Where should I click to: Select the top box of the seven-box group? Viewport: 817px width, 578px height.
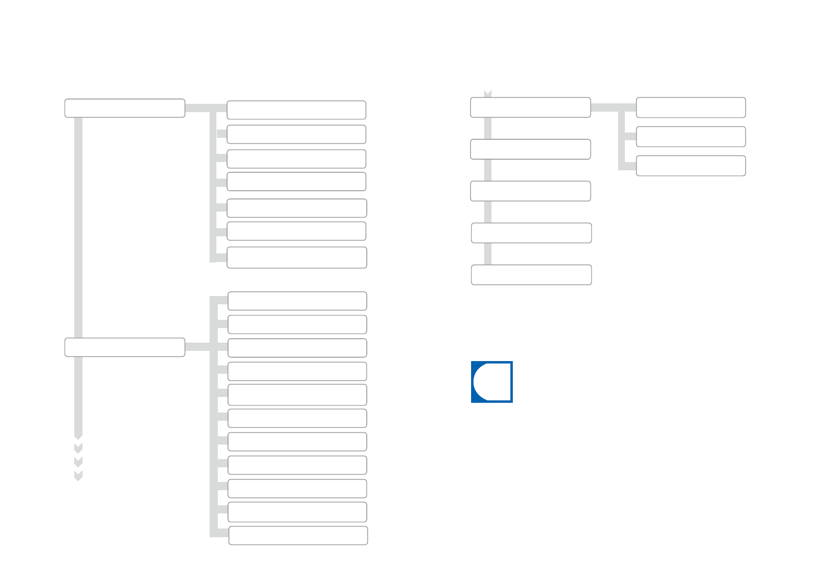[296, 110]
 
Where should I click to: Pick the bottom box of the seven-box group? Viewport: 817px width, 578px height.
[296, 258]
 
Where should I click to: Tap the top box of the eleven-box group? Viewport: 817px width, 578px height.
[297, 301]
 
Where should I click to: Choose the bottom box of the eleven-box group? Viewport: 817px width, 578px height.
[298, 536]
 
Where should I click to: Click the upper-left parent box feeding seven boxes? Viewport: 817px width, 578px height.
[125, 108]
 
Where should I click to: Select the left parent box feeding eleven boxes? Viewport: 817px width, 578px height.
[125, 347]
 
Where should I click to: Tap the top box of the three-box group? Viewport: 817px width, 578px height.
[690, 108]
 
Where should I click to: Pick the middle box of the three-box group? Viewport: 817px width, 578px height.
[690, 137]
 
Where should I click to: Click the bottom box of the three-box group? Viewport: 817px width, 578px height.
[690, 166]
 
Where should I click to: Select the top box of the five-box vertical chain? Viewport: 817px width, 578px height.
[530, 107]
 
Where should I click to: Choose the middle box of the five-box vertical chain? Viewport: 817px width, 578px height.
[530, 191]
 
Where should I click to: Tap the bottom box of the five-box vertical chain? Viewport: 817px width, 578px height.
[531, 275]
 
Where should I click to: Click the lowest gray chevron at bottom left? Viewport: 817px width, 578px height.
[78, 476]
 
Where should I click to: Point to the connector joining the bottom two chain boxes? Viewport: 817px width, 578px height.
[488, 254]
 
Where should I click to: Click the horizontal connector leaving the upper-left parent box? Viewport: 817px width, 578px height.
[198, 108]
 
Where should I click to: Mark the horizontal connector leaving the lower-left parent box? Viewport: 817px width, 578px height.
[197, 347]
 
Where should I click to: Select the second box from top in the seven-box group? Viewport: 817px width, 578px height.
[296, 134]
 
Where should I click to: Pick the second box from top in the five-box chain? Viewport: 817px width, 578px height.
[530, 149]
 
